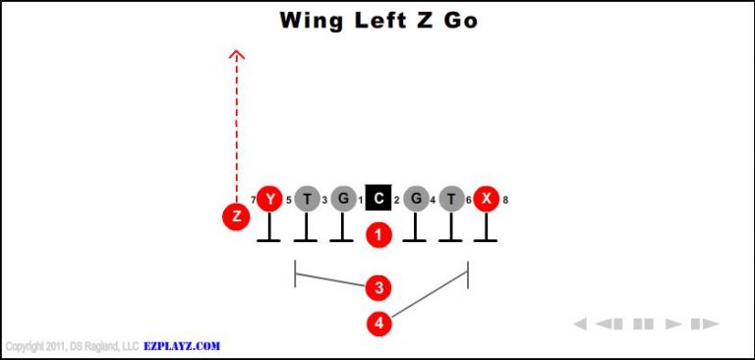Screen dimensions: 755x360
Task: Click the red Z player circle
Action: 236,216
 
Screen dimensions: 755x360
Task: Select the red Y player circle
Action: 269,200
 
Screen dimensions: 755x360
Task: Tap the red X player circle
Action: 486,200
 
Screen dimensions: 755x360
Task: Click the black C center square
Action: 378,200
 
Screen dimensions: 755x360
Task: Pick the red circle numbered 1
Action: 378,234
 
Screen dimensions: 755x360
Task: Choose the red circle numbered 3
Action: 378,287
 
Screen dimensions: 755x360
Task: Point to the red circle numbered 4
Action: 378,322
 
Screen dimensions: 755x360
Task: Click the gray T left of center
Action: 307,200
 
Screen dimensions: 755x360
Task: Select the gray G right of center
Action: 416,200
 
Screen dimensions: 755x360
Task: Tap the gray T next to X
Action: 451,200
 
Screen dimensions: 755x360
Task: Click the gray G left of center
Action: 342,200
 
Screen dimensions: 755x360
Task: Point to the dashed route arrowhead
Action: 236,54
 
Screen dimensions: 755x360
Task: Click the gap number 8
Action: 505,201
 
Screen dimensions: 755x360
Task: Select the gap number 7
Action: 253,201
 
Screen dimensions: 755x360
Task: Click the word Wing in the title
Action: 312,20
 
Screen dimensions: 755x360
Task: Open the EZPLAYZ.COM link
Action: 182,346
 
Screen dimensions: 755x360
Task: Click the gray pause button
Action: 643,324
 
